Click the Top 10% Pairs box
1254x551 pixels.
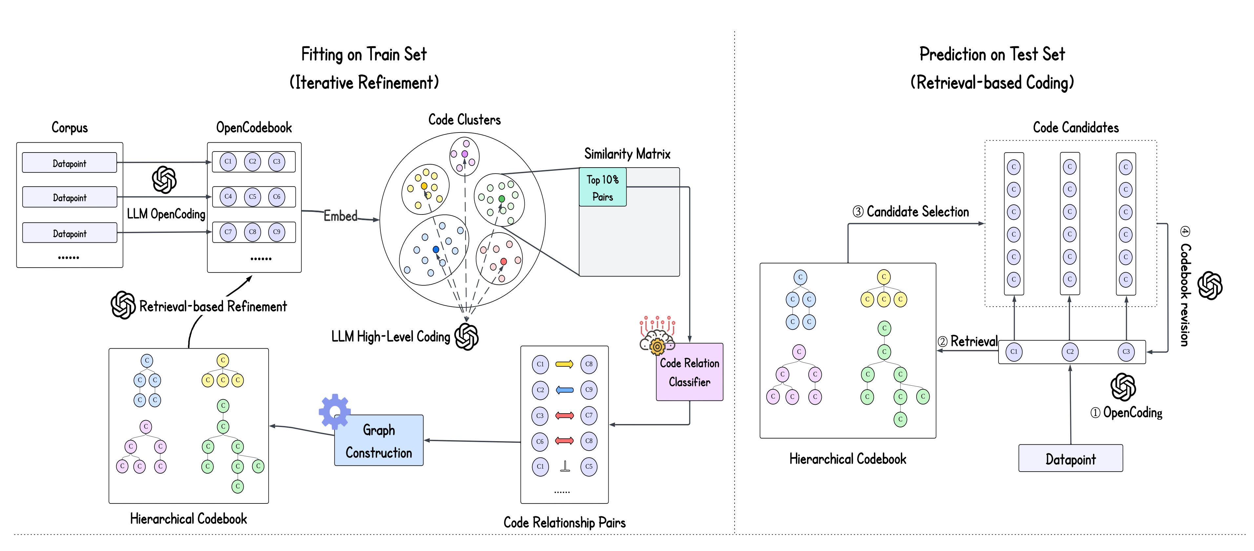pos(602,187)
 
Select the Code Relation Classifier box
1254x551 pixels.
pos(689,372)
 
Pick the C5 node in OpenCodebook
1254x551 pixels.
pos(252,197)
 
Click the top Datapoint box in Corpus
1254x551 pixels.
pos(70,163)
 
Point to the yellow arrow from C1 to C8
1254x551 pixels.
pos(564,364)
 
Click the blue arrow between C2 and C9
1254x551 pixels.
pos(564,390)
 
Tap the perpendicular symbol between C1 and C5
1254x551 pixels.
pos(565,466)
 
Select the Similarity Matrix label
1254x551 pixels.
pos(627,154)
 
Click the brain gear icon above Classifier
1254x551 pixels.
pos(657,335)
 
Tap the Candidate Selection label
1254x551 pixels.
pos(911,212)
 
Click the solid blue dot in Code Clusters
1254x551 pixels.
pos(436,249)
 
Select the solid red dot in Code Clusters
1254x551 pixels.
pos(503,261)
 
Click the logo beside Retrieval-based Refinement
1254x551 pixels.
pos(123,305)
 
